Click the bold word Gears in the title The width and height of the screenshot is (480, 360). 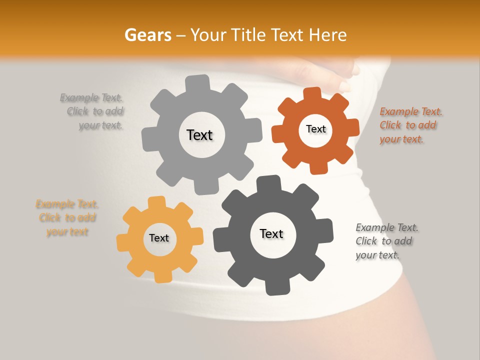click(x=147, y=35)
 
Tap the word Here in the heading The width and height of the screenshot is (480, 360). click(x=327, y=35)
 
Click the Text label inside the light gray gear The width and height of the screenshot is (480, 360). click(x=199, y=135)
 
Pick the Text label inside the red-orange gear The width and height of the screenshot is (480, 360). click(x=315, y=129)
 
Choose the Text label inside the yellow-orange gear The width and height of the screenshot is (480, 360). click(x=159, y=238)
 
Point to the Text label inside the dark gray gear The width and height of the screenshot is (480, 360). click(x=271, y=233)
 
